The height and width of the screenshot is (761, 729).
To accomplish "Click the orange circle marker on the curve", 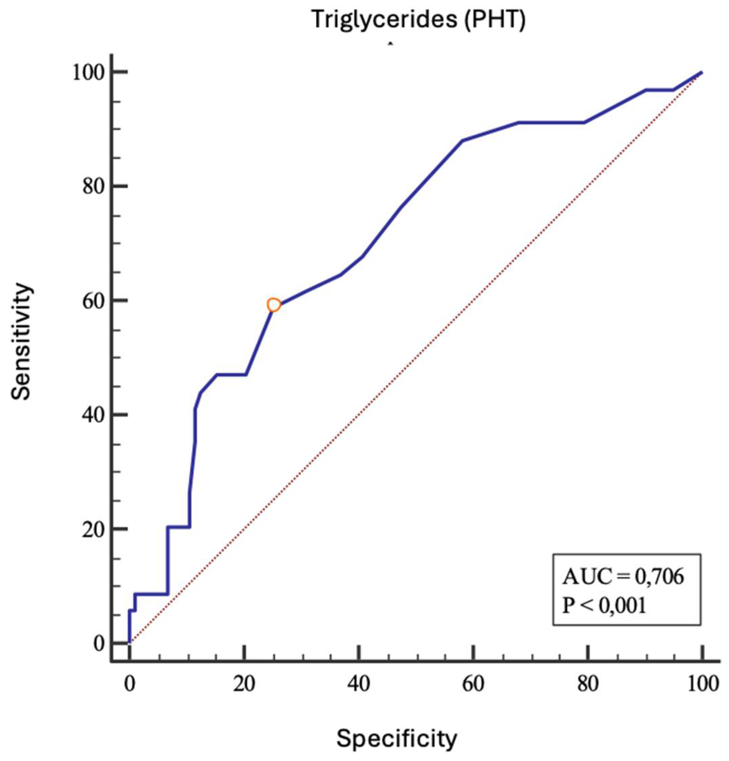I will pyautogui.click(x=273, y=305).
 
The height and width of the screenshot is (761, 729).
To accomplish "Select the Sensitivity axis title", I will pyautogui.click(x=21, y=342).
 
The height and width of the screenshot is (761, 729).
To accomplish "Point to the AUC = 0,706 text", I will pyautogui.click(x=623, y=577).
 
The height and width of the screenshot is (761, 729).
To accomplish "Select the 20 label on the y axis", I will pyautogui.click(x=95, y=529).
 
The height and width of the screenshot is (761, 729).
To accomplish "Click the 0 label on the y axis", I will pyautogui.click(x=100, y=643).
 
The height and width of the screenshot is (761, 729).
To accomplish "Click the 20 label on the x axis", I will pyautogui.click(x=244, y=684).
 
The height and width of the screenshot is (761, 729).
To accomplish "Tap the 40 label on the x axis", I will pyautogui.click(x=359, y=684).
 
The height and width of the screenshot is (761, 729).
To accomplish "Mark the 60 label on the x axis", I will pyautogui.click(x=473, y=684).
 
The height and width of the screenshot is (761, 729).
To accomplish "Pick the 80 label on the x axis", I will pyautogui.click(x=588, y=684).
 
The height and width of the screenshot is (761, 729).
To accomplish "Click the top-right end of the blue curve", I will pyautogui.click(x=701, y=73).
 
